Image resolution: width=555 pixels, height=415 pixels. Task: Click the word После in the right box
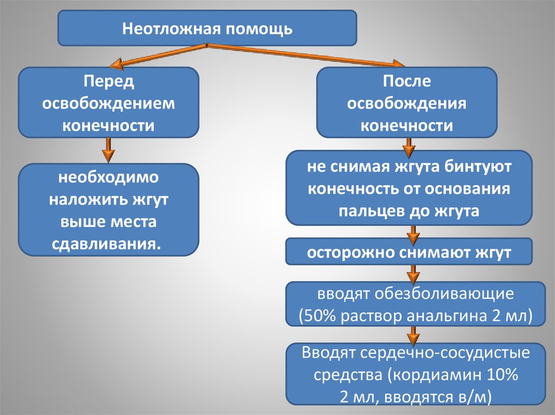tap(406, 82)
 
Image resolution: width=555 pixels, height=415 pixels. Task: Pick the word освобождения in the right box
tap(406, 104)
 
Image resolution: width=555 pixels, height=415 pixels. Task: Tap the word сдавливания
tap(107, 243)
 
